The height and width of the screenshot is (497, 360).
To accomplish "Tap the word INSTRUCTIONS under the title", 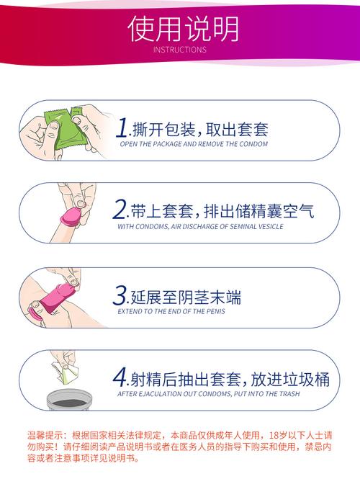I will (x=180, y=50).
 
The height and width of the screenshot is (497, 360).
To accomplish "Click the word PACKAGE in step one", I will (x=165, y=144).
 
